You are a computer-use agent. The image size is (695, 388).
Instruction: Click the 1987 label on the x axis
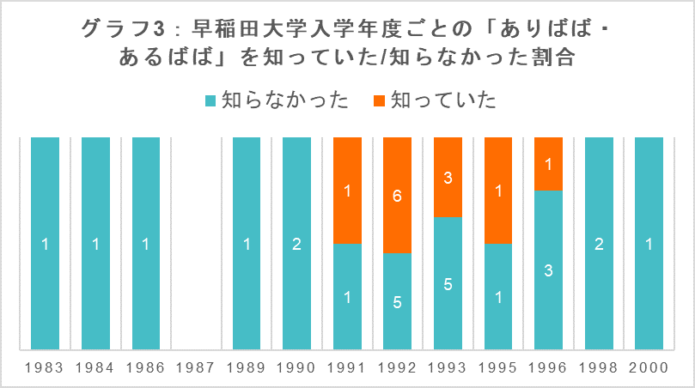[196, 367]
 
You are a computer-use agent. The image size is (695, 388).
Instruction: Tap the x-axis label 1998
[598, 367]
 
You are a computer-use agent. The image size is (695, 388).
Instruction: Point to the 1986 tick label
[146, 367]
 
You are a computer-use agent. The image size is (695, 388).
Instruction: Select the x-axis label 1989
[247, 367]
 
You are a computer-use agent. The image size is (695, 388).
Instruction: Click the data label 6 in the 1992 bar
[397, 195]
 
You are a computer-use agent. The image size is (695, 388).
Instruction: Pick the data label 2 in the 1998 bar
[598, 244]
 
